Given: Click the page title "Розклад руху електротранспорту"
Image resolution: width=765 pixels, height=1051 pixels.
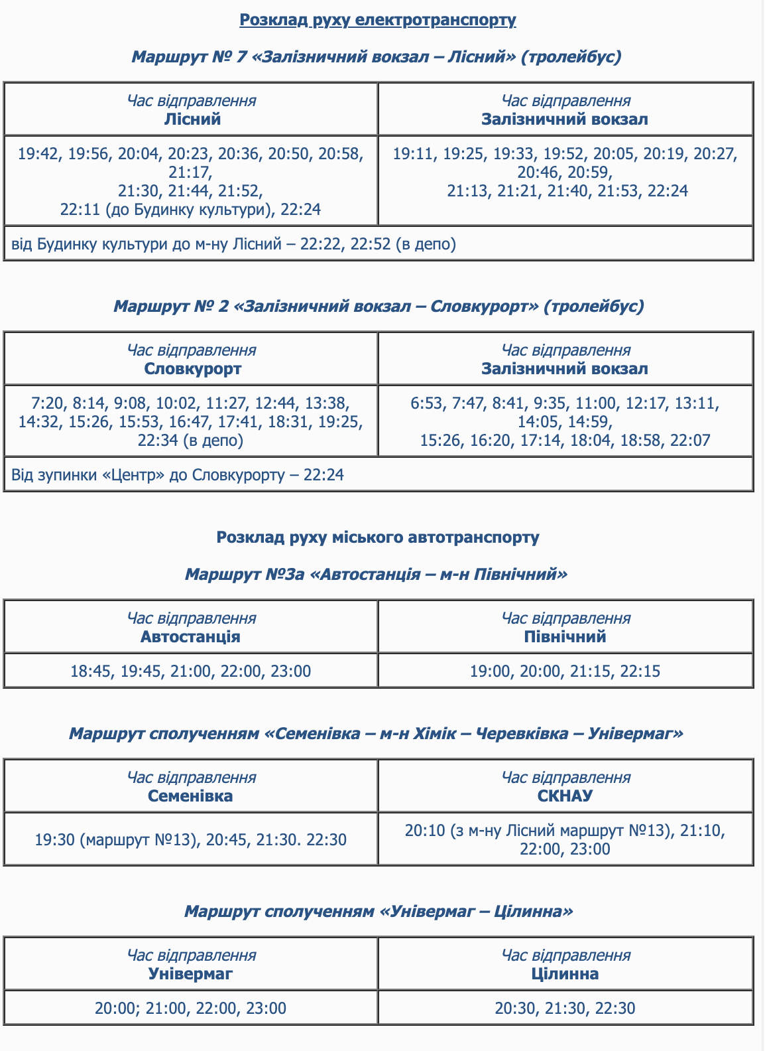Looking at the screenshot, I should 377,20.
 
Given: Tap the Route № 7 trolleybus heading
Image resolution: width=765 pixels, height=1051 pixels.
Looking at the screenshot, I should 377,56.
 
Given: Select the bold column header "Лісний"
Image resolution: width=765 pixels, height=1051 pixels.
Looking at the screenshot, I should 192,119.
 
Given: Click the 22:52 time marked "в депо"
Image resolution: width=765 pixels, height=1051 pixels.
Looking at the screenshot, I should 371,244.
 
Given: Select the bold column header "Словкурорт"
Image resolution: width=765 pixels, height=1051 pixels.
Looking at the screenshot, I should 192,369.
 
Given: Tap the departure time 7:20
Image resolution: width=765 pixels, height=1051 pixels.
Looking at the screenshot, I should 48,403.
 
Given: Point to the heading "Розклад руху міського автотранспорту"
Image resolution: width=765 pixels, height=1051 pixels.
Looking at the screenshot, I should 378,537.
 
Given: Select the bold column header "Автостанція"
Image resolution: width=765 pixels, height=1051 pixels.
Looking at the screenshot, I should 191,637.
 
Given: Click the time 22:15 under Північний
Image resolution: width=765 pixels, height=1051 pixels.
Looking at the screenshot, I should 640,671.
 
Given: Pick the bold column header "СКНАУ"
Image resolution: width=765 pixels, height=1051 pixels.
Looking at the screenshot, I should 565,796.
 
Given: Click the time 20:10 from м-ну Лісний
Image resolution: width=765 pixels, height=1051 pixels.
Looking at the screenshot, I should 424,831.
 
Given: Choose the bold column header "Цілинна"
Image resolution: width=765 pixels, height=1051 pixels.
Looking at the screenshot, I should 565,974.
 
